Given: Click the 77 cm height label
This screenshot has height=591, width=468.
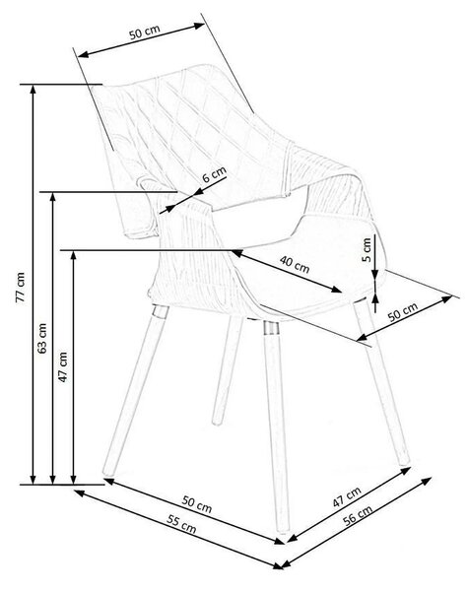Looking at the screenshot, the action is pos(21,288).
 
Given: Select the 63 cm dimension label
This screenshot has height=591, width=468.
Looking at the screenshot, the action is pos(42,338).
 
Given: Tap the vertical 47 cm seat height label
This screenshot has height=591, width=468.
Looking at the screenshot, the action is pos(63,367).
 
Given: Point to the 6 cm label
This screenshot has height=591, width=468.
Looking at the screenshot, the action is pos(214,174).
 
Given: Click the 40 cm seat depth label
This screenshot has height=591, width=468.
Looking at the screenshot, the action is pos(295,264).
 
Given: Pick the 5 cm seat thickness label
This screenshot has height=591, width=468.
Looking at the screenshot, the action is pos(367,250).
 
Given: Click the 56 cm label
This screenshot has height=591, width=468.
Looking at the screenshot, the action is pos(358,515).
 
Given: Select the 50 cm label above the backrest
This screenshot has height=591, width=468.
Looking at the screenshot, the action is pos(145,33).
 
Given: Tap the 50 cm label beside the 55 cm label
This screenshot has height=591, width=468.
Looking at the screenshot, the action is pos(197,504).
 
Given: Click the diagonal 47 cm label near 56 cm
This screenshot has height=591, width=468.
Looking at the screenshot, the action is pos(347,496).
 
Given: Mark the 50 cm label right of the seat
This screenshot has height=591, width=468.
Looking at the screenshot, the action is pos(403,311).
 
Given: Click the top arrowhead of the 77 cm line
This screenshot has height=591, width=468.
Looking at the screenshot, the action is pos(33,89).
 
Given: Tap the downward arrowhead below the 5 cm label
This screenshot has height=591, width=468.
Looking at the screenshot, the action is pos(374,275).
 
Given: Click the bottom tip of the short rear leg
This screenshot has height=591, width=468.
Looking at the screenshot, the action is pos(217,423).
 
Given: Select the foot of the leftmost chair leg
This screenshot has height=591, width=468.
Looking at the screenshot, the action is pos(108,472).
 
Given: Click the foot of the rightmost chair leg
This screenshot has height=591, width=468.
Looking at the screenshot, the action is pos(404,462).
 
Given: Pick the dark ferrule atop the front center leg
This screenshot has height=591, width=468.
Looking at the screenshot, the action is pos(270,328).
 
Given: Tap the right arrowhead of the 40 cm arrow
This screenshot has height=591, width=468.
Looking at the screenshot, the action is pos(337,290).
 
